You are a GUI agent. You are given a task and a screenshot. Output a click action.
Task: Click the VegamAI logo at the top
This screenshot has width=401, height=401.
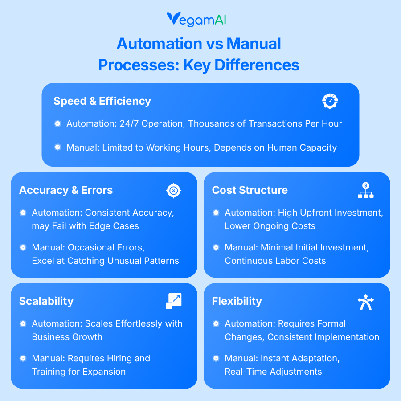[x=200, y=20]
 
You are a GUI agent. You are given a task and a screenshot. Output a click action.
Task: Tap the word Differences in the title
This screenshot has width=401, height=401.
[x=257, y=65]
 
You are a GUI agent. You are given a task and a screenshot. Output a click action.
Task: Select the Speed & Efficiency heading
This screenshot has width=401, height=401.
[x=102, y=101]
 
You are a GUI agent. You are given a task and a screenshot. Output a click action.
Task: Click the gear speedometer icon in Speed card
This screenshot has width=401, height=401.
[x=330, y=101]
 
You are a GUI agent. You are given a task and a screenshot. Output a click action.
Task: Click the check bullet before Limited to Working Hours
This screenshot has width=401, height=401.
[x=57, y=147]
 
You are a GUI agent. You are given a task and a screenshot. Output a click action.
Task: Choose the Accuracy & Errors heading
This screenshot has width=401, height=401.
[x=66, y=190]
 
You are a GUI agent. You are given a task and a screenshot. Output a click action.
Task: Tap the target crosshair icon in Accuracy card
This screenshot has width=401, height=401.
[x=173, y=191]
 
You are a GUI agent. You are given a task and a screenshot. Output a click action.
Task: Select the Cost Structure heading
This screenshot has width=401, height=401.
[x=250, y=190]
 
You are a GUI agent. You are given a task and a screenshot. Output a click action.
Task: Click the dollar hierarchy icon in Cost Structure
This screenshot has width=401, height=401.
[x=366, y=190]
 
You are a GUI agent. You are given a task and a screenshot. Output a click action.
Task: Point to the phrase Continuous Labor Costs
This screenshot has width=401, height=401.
[x=275, y=261]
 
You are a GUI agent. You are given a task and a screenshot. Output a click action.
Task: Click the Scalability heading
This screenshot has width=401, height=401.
[x=46, y=301]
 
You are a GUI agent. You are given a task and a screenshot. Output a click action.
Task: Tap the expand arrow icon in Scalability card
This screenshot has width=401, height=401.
[x=173, y=301]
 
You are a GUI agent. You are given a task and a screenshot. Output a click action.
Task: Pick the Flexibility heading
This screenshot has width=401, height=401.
[x=237, y=301]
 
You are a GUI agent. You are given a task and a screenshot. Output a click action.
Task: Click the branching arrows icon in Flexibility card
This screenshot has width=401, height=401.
[x=366, y=302]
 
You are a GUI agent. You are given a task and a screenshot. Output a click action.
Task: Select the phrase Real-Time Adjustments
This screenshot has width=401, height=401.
[x=273, y=372]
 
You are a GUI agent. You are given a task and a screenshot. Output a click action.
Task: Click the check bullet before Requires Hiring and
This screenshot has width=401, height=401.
[x=23, y=358]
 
